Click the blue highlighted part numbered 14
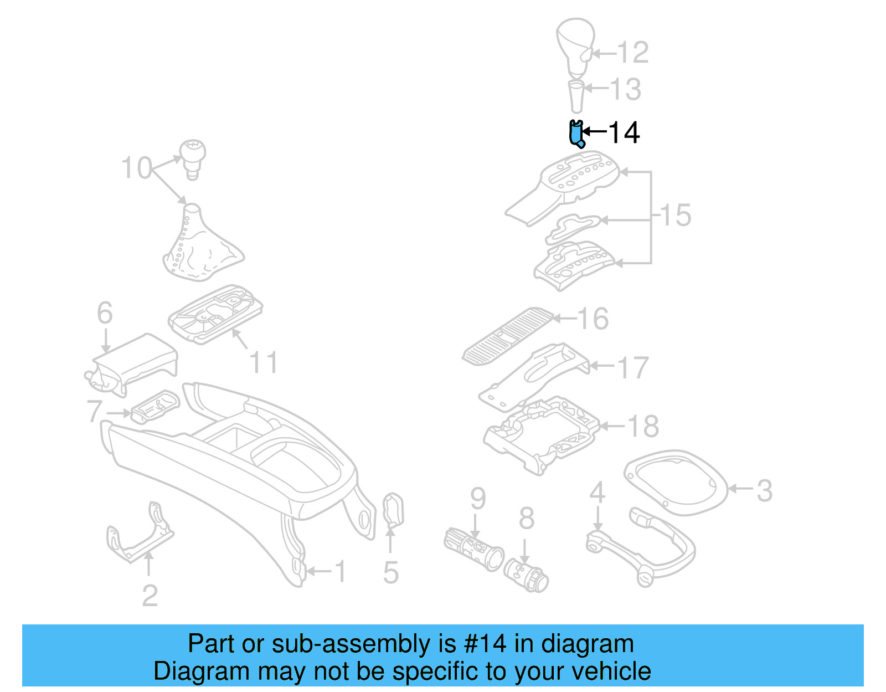coord(576,134)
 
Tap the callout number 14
coord(624,133)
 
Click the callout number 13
coord(626,89)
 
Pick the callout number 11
coord(264,363)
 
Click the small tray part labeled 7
coord(156,407)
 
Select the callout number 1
coord(341,572)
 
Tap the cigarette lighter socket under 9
coord(473,549)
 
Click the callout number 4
coord(597,492)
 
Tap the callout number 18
coord(643,426)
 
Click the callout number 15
coord(676,215)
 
